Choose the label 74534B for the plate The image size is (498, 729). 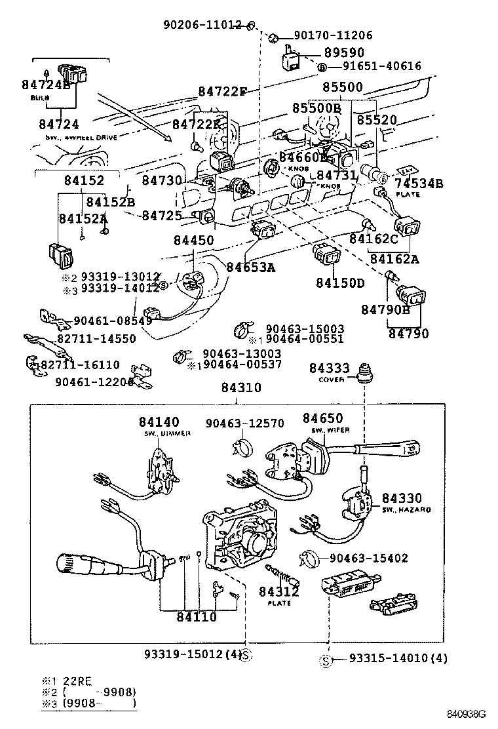pos(419,184)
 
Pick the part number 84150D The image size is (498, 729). pos(340,283)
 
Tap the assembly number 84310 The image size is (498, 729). pos(240,387)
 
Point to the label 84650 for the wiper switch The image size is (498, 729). pos(322,418)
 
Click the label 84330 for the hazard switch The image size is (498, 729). pos(402,499)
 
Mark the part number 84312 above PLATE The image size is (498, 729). pos(278,592)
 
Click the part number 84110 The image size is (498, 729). pos(196,616)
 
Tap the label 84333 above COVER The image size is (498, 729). pos(330,369)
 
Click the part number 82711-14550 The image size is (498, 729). pos(96,339)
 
